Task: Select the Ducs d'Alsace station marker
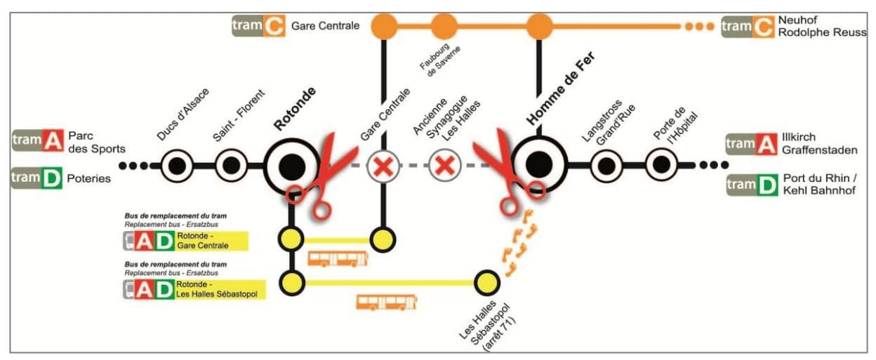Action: coord(176,166)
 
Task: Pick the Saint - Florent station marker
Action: coord(230,166)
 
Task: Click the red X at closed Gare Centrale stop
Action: coord(383,166)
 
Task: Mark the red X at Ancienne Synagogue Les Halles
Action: coord(444,166)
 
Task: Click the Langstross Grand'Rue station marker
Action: coord(606,166)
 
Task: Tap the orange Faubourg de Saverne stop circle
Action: coord(444,27)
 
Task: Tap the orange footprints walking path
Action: coord(520,242)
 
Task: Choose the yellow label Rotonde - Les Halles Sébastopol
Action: coord(220,288)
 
